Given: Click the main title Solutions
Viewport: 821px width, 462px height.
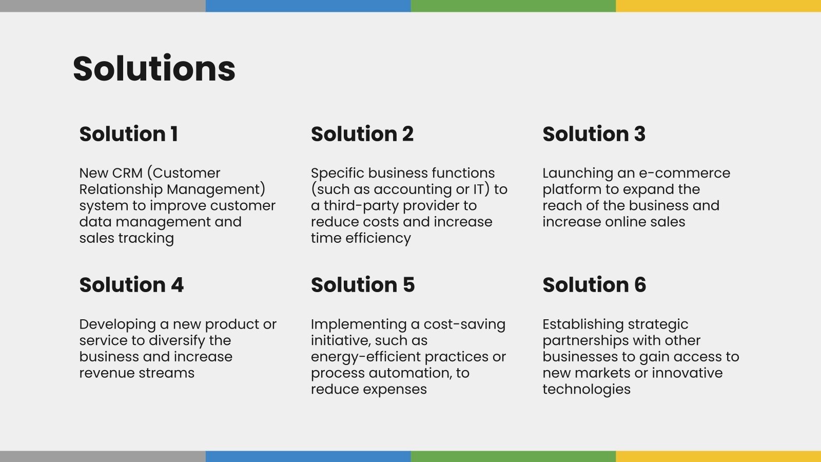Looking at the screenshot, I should pyautogui.click(x=154, y=69).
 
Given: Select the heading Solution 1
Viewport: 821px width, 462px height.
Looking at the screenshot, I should pyautogui.click(x=129, y=134).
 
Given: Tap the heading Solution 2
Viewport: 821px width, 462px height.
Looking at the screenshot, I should pyautogui.click(x=362, y=134).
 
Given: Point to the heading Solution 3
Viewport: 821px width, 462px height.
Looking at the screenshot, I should pyautogui.click(x=594, y=134).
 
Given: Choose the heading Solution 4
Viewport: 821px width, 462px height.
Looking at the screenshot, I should pyautogui.click(x=131, y=285).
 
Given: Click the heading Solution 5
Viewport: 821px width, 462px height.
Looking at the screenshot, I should pyautogui.click(x=363, y=285).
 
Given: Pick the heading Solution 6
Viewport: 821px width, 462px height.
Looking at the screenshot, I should pyautogui.click(x=594, y=285).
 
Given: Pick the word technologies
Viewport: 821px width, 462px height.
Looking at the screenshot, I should pyautogui.click(x=586, y=389).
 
